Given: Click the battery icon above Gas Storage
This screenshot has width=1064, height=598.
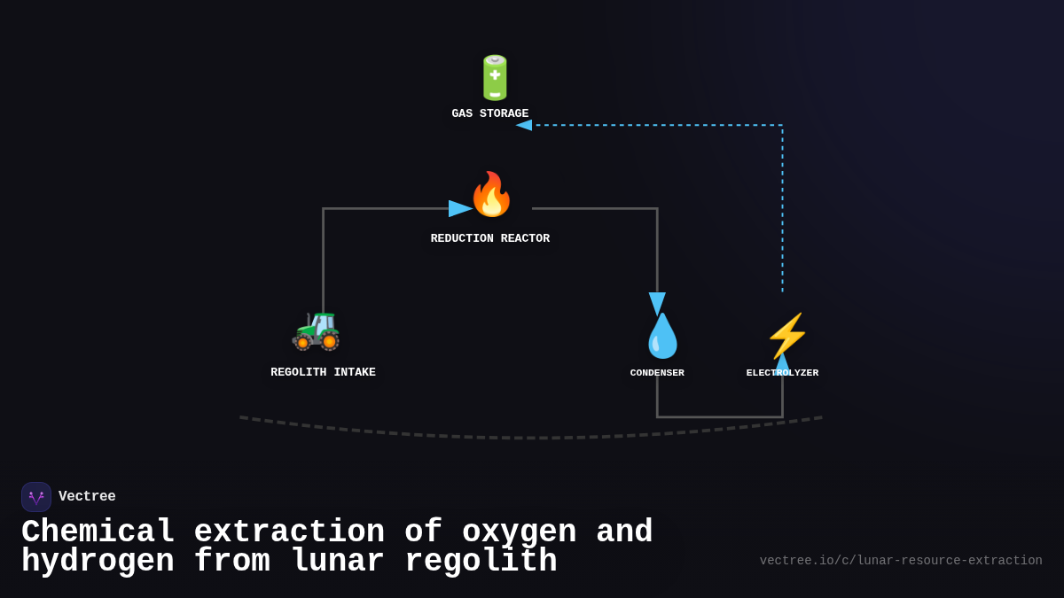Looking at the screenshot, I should point(495,78).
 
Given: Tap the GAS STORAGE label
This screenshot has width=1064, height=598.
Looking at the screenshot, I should point(489,114).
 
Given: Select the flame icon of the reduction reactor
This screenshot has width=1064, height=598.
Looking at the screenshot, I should point(491,195).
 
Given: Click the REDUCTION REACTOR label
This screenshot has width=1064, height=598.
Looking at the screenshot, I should point(489,239).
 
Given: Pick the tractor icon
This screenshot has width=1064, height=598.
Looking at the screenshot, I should point(317,330).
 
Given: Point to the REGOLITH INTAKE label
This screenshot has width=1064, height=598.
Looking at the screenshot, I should point(323,373).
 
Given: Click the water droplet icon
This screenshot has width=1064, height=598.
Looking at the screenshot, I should point(662,337).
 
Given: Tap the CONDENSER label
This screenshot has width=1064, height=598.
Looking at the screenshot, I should point(657,373).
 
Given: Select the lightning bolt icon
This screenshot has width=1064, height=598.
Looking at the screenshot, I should point(786,336).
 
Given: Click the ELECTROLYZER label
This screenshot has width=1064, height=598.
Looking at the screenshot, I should point(782,373).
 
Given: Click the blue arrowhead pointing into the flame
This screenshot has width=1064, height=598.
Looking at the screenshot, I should point(459,209).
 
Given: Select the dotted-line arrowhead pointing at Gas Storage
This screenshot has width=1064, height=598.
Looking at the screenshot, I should point(524,125).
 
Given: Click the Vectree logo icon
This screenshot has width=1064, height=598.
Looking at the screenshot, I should point(36,497).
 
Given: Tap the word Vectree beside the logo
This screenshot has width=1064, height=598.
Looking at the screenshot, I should point(87,497).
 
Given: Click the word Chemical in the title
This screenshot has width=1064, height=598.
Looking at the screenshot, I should point(98,532).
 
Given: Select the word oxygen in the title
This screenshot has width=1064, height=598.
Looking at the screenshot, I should point(519,532).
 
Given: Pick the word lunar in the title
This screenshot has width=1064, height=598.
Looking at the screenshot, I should point(337,562).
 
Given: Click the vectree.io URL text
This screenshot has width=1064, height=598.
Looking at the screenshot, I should point(901,561).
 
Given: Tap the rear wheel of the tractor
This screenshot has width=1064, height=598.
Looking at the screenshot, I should point(329,340).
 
